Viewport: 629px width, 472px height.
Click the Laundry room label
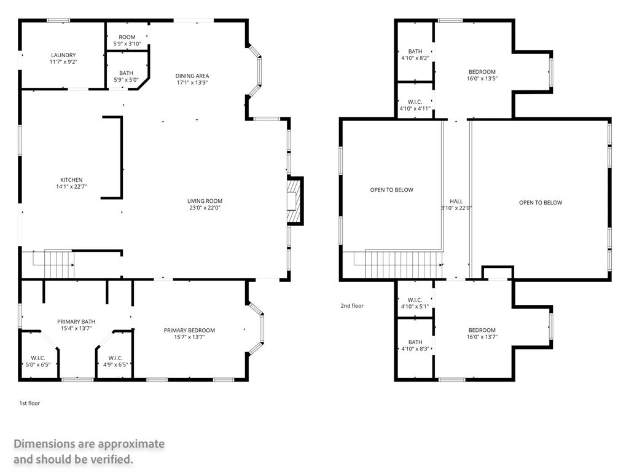[63, 55]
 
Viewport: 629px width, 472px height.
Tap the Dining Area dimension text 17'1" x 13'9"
[193, 82]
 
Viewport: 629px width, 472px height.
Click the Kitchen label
[71, 180]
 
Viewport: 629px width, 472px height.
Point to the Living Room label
[205, 201]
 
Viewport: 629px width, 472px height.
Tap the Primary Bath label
[76, 321]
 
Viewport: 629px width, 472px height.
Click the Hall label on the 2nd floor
[456, 201]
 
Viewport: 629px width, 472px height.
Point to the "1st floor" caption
[29, 403]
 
